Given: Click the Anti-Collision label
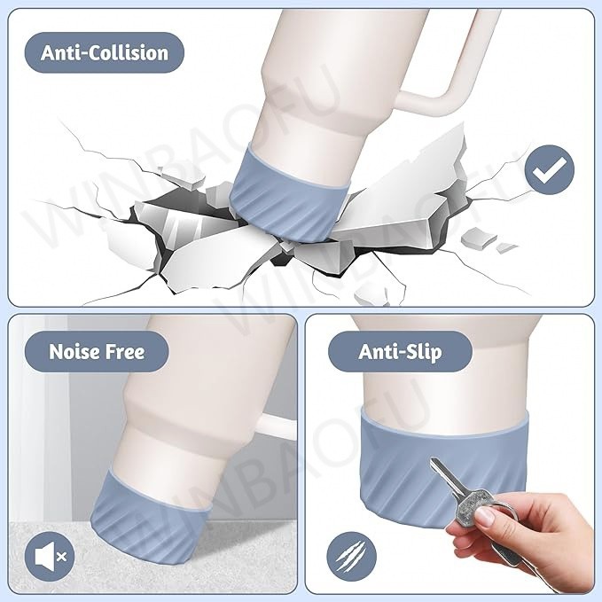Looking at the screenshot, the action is click(x=105, y=52).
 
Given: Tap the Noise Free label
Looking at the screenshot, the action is click(x=97, y=351).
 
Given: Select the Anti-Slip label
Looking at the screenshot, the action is click(x=400, y=351).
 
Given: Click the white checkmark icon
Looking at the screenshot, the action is click(x=550, y=169).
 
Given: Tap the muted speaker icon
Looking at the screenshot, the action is click(x=50, y=556).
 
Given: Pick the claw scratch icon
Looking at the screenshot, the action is click(x=351, y=556).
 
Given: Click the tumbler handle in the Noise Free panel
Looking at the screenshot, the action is click(x=278, y=426).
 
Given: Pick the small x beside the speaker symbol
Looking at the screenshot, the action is click(x=61, y=556).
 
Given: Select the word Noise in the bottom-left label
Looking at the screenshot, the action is click(x=74, y=351).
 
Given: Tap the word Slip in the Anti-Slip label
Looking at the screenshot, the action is click(x=425, y=352).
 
